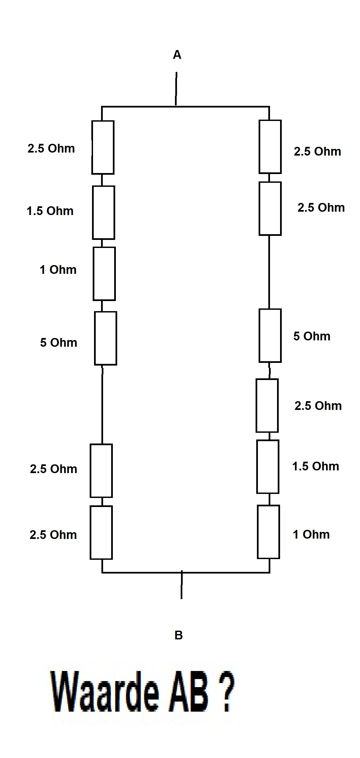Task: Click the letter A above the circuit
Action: (x=177, y=55)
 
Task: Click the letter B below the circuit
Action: (x=179, y=635)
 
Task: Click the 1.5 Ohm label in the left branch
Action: (x=50, y=211)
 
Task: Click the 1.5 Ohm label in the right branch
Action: (x=316, y=466)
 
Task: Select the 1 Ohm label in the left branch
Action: (x=58, y=270)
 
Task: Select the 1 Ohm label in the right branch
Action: (x=311, y=535)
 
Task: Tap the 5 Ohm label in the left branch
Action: (x=59, y=343)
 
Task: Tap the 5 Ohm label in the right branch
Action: (x=312, y=336)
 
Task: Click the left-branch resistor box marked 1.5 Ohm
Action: (x=103, y=213)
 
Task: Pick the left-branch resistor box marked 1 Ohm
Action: (x=104, y=274)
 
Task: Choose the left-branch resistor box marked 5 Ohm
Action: (x=105, y=338)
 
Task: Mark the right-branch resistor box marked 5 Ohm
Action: (x=270, y=336)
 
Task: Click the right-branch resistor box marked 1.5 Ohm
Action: (x=268, y=467)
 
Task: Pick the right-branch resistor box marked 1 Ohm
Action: (x=268, y=532)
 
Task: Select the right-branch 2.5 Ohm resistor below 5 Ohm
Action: (x=267, y=406)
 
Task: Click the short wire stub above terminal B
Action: (x=182, y=585)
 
